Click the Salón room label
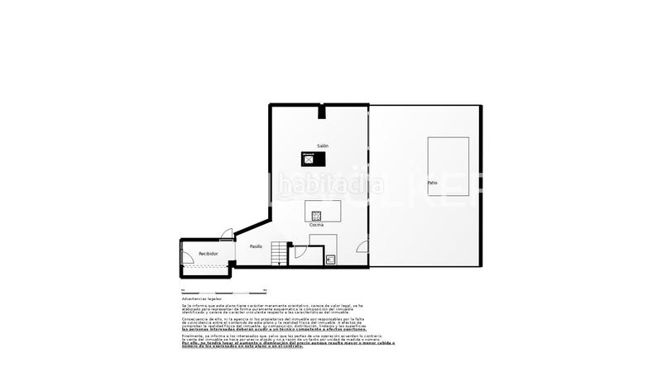pos(322,145)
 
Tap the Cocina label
pos(316,225)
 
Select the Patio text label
pos(432,182)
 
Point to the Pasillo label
pos(256,246)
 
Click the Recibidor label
pos(208,253)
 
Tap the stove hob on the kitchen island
pos(315,216)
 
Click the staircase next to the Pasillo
pos(282,253)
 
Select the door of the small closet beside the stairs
pos(302,252)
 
